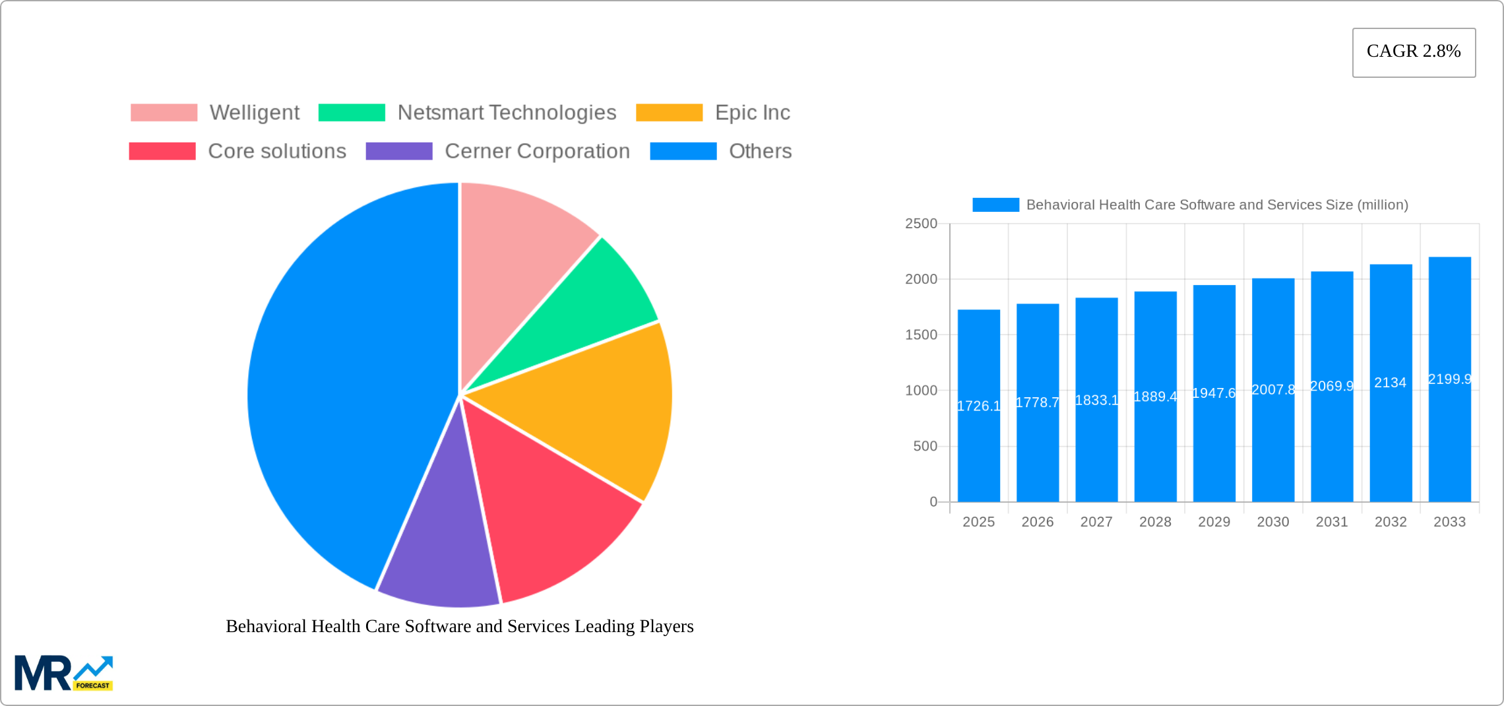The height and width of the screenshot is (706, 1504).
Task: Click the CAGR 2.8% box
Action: tap(1414, 52)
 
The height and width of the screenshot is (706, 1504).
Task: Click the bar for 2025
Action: tap(978, 449)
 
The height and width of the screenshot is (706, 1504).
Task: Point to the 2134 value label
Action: tap(1390, 383)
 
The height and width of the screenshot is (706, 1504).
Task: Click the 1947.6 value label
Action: tap(1214, 393)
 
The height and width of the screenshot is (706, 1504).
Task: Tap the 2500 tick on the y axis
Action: tap(921, 224)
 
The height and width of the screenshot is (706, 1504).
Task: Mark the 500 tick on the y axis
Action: tap(925, 446)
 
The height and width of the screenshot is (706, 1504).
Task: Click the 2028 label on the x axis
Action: tap(1155, 522)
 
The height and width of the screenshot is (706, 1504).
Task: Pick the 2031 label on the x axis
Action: tap(1332, 522)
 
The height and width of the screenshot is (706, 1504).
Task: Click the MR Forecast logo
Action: tap(63, 673)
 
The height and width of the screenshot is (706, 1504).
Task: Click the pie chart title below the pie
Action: tap(460, 626)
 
